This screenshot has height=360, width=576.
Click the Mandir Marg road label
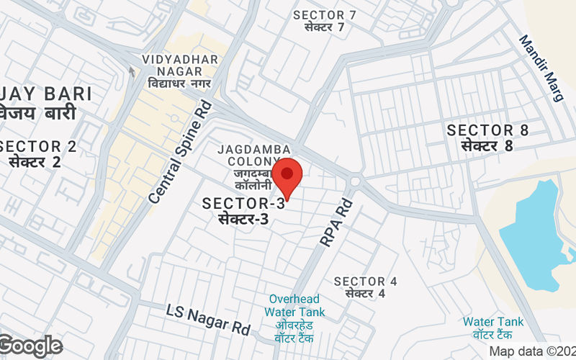click(x=541, y=68)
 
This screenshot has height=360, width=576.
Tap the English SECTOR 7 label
click(x=325, y=15)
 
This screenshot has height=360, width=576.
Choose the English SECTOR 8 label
click(x=487, y=130)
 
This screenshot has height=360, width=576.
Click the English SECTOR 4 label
click(x=365, y=281)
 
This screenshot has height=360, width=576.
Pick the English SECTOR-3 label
click(x=243, y=204)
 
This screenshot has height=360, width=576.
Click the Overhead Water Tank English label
click(x=294, y=305)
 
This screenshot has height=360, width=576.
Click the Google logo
click(x=30, y=346)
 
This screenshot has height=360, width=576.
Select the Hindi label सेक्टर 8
click(x=487, y=145)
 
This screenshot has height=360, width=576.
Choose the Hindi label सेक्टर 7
click(x=325, y=28)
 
